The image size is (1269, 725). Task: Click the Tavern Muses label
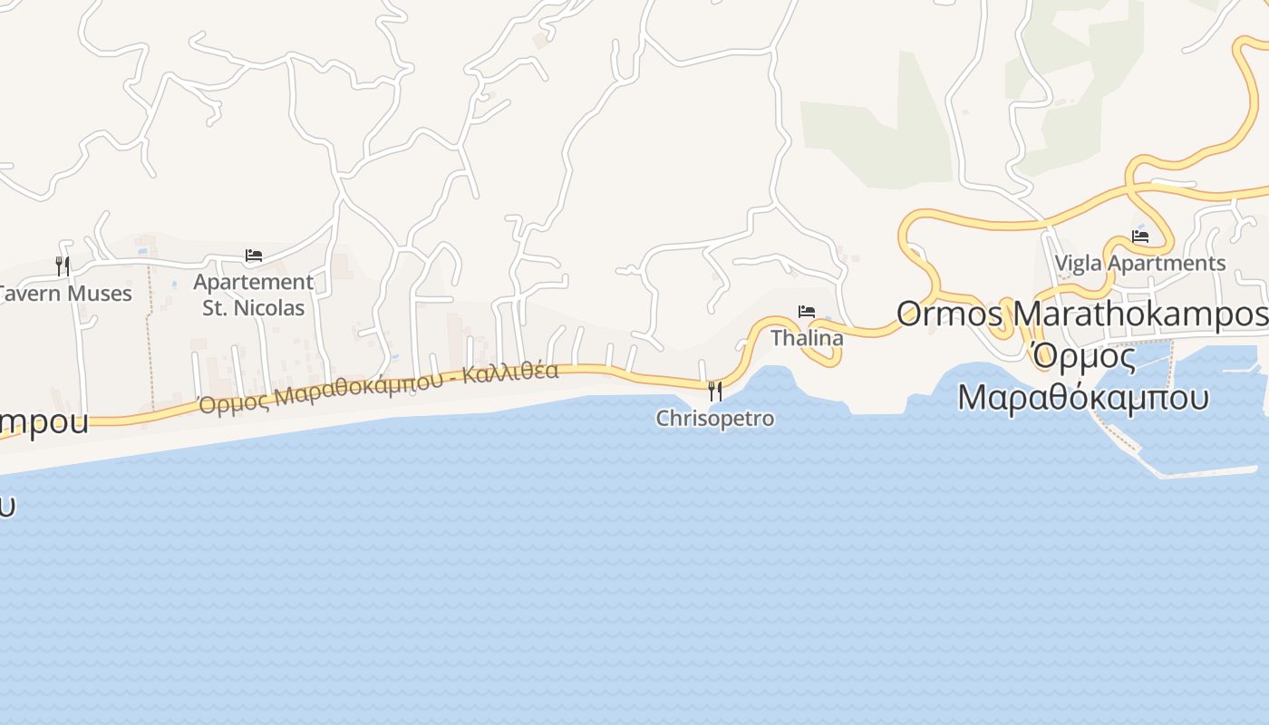(65, 294)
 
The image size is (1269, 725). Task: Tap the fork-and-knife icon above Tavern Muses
(63, 266)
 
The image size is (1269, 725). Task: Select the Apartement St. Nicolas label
(254, 295)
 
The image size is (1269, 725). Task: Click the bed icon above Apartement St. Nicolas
(254, 256)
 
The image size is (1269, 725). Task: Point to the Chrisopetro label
(715, 419)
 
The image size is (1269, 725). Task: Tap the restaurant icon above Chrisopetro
(715, 391)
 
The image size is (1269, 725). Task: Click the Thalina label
(807, 338)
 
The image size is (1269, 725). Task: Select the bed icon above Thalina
(807, 312)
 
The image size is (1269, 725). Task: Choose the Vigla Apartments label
(1140, 264)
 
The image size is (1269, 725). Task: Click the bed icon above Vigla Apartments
(1140, 237)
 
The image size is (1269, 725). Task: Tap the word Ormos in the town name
(950, 314)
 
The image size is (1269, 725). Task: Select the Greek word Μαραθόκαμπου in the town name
(1083, 398)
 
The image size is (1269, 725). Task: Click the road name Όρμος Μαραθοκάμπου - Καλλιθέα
(378, 386)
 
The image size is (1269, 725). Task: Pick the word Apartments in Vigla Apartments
(1172, 264)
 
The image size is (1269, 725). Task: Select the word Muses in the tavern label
(102, 294)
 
